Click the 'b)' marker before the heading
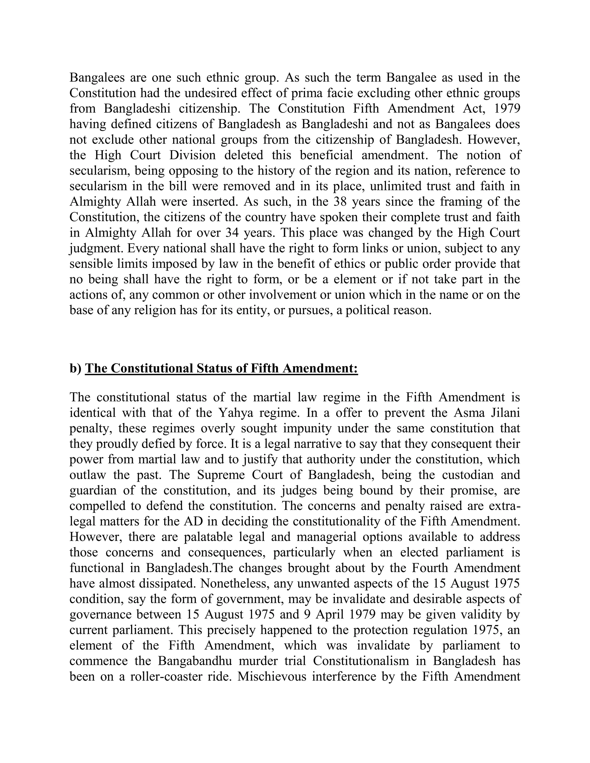point(75,368)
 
